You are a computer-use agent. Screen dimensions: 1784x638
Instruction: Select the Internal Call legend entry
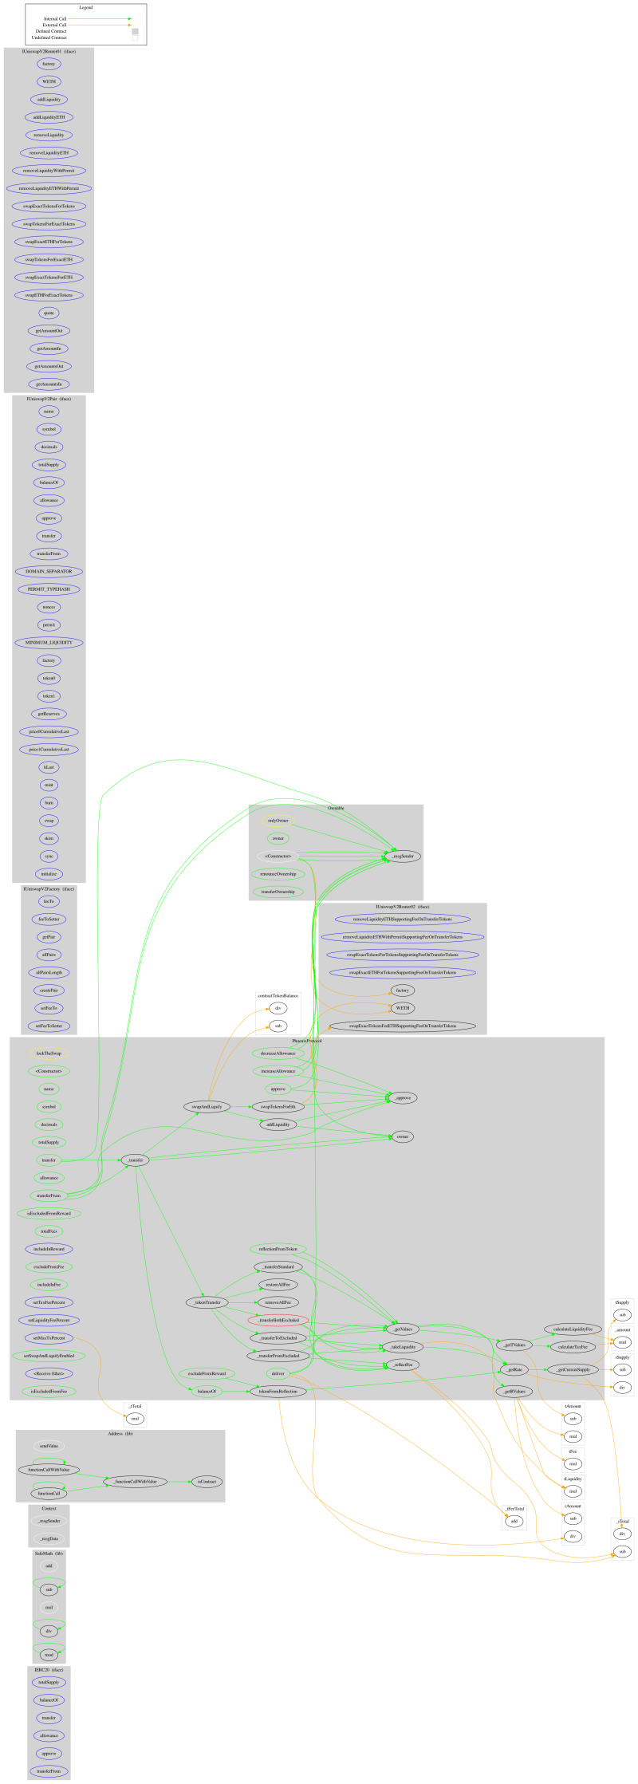(x=56, y=18)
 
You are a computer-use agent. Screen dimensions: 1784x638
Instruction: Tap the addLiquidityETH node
(x=49, y=117)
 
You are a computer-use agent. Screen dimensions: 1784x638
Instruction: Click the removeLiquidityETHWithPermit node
(x=49, y=188)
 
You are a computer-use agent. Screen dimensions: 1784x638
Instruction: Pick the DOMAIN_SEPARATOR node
(x=49, y=571)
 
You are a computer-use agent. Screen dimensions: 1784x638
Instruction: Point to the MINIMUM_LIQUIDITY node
(x=49, y=642)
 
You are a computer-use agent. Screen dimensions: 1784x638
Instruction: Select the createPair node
(x=49, y=990)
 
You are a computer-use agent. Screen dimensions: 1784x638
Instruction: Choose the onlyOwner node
(x=278, y=821)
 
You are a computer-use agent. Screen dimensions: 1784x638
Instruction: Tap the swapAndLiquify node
(x=207, y=1106)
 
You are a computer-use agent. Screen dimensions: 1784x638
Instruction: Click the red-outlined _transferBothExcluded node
(x=278, y=1320)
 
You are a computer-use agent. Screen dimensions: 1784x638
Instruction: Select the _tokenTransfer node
(x=207, y=1302)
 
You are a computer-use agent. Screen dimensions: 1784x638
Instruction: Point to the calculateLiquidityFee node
(x=573, y=1329)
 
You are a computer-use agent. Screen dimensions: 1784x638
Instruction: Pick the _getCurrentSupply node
(x=573, y=1369)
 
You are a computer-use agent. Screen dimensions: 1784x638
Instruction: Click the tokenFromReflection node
(x=278, y=1391)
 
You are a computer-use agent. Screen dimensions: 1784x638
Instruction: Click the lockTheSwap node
(x=49, y=1053)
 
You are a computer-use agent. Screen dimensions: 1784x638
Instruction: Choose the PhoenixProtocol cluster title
(x=306, y=1042)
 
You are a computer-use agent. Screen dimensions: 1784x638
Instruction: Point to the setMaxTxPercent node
(x=49, y=1337)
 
